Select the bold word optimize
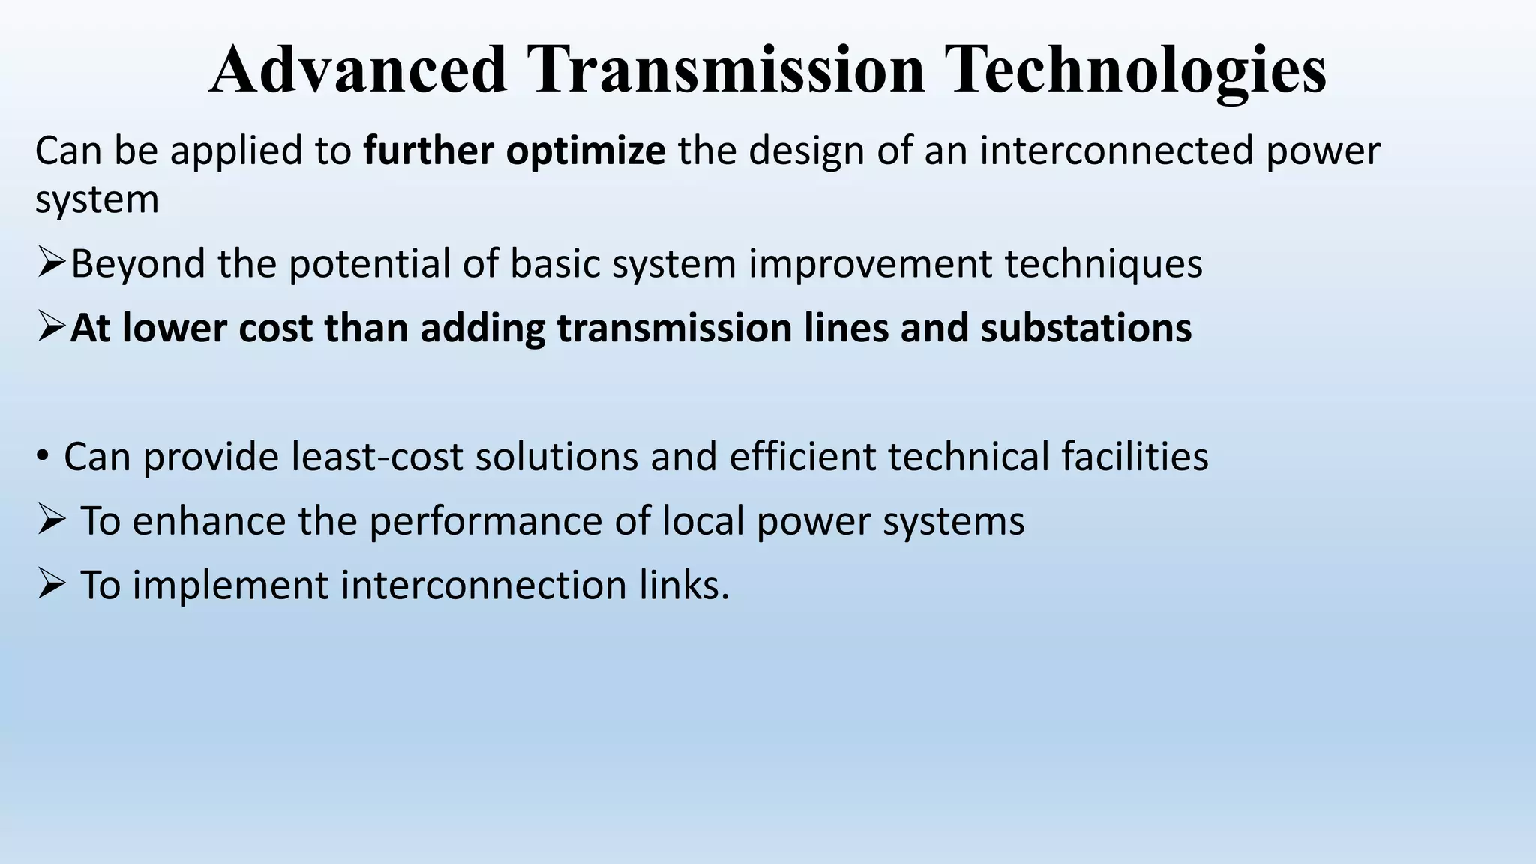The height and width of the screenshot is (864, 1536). point(586,151)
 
